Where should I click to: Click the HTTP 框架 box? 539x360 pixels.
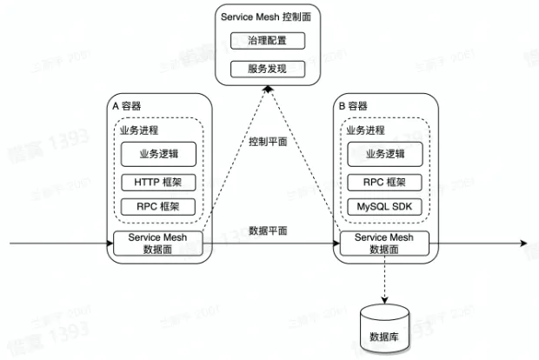pyautogui.click(x=158, y=183)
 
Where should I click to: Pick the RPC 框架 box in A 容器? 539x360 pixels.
pyautogui.click(x=158, y=207)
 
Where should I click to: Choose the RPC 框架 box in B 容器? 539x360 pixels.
pyautogui.click(x=385, y=183)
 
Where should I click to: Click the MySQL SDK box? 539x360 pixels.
pyautogui.click(x=385, y=207)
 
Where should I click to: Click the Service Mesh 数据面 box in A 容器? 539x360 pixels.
pyautogui.click(x=158, y=243)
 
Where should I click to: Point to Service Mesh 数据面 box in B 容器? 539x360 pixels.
pyautogui.click(x=385, y=243)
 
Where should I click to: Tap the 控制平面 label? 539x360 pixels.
pyautogui.click(x=267, y=141)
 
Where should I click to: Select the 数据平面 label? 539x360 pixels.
pyautogui.click(x=267, y=230)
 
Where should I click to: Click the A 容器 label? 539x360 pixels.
pyautogui.click(x=128, y=104)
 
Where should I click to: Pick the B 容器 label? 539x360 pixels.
pyautogui.click(x=354, y=104)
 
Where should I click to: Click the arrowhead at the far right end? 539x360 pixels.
pyautogui.click(x=525, y=242)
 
